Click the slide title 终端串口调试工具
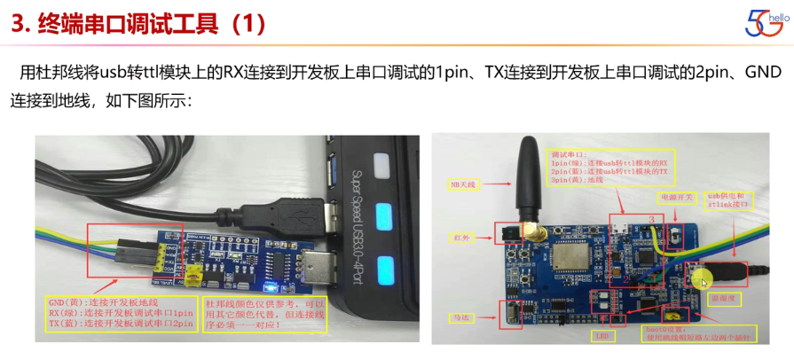click(138, 25)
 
